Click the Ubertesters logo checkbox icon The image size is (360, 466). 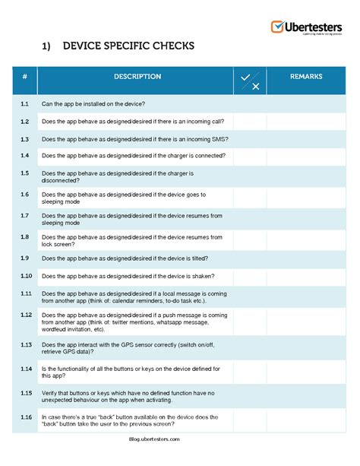coord(277,27)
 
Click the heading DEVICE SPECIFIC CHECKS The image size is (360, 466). coord(128,47)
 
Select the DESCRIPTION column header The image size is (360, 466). coord(137,77)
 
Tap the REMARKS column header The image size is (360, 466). coord(306,77)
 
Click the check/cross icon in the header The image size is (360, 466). coord(250,81)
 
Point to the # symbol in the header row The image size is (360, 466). coord(25,77)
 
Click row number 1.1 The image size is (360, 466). coord(25,103)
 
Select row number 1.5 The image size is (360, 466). coord(25,173)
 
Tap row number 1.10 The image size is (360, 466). coord(26,275)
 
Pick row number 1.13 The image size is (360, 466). coord(26,344)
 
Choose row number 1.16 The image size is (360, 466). coord(26,417)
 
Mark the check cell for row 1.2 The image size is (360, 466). coord(250,122)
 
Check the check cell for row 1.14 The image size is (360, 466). coord(250,372)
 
